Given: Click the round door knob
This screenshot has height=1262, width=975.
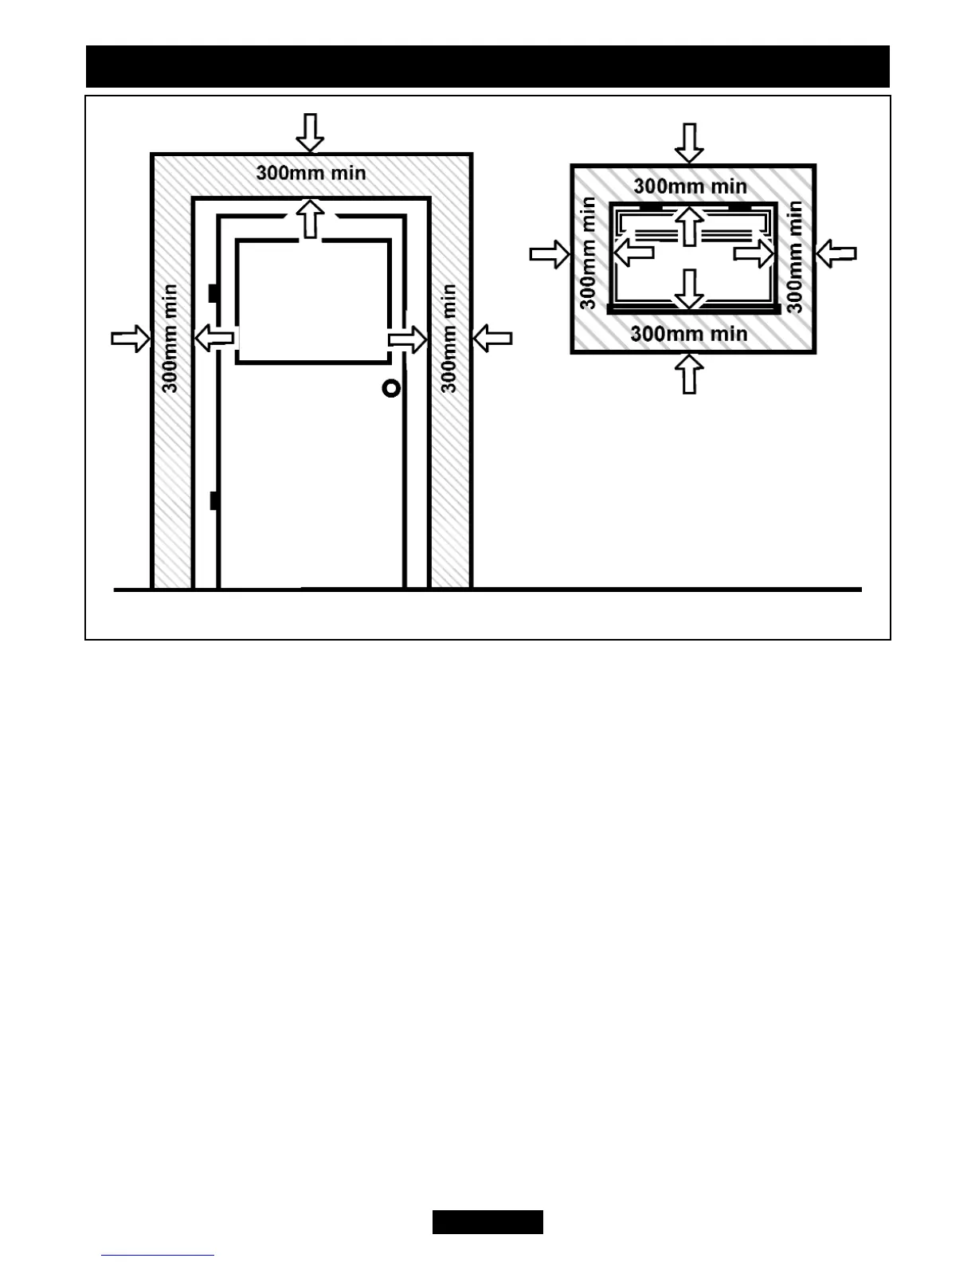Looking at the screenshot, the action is [x=391, y=388].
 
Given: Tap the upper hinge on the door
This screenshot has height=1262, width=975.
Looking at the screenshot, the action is [x=213, y=293].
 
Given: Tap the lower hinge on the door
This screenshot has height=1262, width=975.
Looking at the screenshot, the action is [x=213, y=500].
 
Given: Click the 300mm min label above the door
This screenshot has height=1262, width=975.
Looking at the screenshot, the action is [x=311, y=173].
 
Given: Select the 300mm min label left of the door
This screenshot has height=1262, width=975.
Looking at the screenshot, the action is [x=170, y=339].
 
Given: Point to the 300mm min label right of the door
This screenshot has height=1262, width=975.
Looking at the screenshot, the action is [x=449, y=339].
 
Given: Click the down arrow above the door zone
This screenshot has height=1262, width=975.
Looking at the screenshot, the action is [x=310, y=132].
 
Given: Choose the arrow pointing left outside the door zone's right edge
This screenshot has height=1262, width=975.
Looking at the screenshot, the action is [x=492, y=339].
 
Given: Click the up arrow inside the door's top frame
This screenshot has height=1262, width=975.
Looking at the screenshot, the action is [x=311, y=218].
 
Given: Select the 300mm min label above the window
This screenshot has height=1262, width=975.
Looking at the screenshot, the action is [x=691, y=186].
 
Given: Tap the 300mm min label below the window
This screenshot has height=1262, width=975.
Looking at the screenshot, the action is [x=689, y=333].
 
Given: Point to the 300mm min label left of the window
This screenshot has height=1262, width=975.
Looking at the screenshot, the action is [x=588, y=253].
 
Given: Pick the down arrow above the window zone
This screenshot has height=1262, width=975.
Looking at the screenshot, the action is [x=689, y=143].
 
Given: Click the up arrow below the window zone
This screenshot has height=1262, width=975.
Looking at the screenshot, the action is [x=690, y=373].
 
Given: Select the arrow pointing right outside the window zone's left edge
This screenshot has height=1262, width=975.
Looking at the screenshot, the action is [x=550, y=255].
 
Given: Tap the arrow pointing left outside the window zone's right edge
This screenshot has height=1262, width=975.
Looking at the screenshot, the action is [x=836, y=254].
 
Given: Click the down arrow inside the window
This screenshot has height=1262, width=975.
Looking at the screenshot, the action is [x=690, y=288].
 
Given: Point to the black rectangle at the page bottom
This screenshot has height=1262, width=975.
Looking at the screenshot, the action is [x=487, y=1221].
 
